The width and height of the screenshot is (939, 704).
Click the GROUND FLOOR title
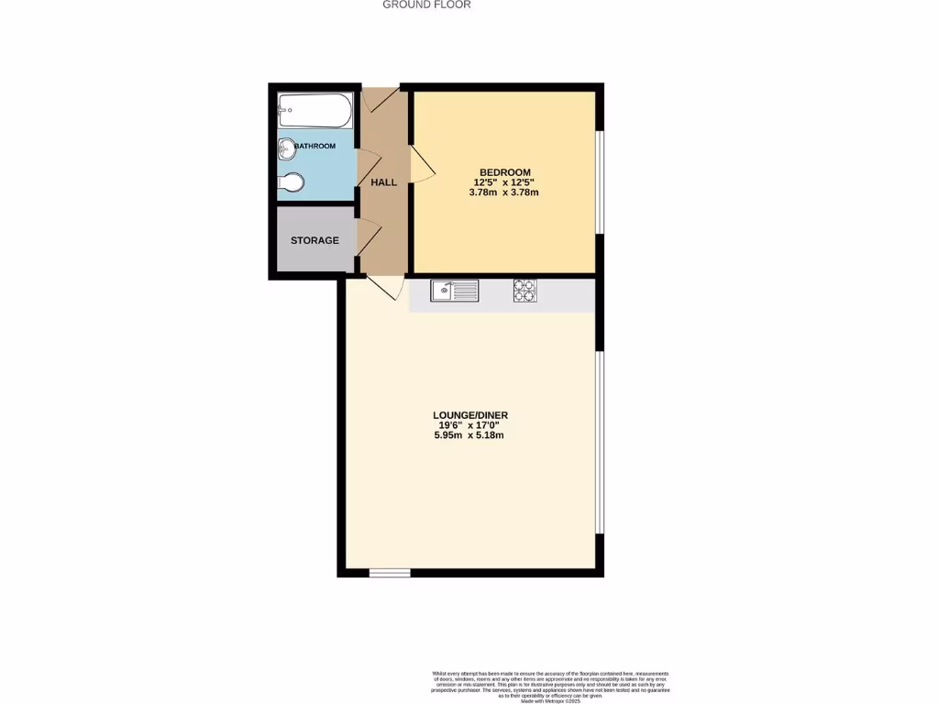click(426, 5)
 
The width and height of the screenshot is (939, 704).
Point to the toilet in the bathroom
click(291, 183)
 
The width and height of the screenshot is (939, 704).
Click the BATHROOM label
click(315, 146)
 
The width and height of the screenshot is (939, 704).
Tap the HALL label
click(383, 182)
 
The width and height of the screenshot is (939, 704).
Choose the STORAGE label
click(315, 241)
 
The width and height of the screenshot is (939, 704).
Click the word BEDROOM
click(505, 172)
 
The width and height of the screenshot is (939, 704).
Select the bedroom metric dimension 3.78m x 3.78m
click(503, 192)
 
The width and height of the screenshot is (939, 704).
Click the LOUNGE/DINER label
click(470, 415)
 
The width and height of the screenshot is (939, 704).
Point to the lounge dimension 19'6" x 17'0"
click(469, 425)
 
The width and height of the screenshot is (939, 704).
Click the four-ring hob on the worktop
click(525, 291)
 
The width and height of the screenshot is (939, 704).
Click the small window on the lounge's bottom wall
click(389, 573)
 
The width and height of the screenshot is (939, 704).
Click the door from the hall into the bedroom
click(421, 165)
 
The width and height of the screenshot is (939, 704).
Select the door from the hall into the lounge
click(387, 287)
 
